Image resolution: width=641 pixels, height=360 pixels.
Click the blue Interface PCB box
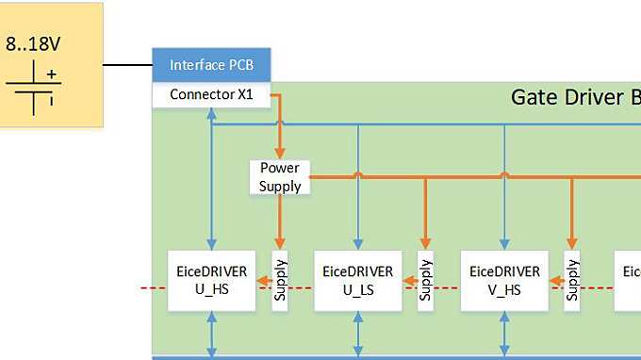(x=211, y=65)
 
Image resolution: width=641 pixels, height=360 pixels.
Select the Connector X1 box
(x=211, y=94)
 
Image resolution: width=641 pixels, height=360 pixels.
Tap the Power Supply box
(x=280, y=176)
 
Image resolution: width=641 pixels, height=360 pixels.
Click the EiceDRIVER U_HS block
(x=212, y=280)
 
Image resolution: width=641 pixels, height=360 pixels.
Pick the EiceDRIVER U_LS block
(x=358, y=280)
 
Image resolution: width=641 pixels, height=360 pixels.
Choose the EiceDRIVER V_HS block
(x=504, y=280)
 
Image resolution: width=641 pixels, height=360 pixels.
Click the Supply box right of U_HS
(x=280, y=280)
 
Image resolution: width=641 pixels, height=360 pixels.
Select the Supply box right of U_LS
(x=426, y=280)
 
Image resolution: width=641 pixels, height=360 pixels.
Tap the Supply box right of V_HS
(x=571, y=280)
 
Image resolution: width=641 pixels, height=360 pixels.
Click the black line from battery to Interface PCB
(x=127, y=66)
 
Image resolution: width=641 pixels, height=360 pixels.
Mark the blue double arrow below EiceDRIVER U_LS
(x=358, y=334)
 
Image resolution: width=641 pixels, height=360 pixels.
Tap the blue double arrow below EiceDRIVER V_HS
(x=504, y=334)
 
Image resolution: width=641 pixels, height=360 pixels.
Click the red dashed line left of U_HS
(x=151, y=286)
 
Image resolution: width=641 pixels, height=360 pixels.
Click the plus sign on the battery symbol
(x=52, y=74)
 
